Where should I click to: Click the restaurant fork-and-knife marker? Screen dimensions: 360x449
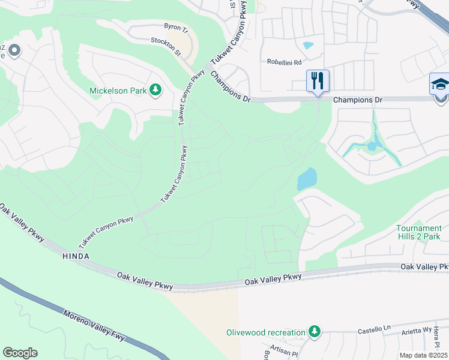point(318,80)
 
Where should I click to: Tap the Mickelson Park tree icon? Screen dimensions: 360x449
point(155,91)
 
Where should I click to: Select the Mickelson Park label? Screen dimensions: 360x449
point(118,91)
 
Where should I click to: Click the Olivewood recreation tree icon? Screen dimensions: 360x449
point(313,332)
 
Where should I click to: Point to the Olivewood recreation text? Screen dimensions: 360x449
point(266,332)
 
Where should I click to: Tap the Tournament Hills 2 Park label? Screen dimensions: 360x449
point(419,232)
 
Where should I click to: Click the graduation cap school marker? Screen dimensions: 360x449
point(440,84)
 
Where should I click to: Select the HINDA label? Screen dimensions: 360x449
point(76,256)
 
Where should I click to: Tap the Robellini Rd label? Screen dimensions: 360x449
point(285,62)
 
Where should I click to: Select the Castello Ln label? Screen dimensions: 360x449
point(375,330)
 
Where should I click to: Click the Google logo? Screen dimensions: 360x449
point(20,353)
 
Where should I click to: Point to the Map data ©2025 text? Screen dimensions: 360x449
point(423,355)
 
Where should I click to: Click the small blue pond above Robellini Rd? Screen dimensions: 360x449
point(309,45)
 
